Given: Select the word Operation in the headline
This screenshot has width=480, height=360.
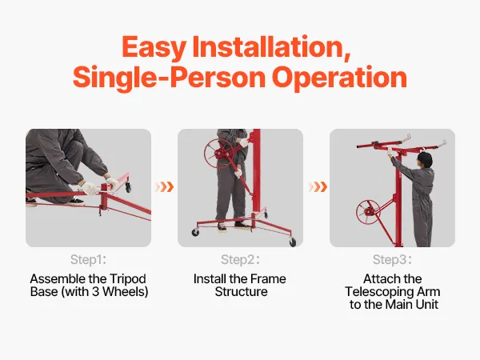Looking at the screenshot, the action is [339, 78].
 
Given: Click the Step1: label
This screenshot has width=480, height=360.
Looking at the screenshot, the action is [88, 259].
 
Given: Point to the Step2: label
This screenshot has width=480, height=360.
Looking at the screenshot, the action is [240, 259].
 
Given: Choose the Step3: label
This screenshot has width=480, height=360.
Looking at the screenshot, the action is [392, 259].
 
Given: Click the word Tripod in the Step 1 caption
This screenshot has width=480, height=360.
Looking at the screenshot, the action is [128, 279].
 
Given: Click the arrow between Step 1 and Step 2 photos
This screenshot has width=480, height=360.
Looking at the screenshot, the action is [165, 186].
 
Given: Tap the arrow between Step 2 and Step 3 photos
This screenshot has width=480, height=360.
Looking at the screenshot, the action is [318, 186].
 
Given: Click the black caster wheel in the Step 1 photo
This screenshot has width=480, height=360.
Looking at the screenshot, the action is [128, 186].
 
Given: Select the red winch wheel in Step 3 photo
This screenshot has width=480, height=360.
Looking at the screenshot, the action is [368, 212].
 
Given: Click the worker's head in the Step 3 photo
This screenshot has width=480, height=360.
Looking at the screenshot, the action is [426, 159].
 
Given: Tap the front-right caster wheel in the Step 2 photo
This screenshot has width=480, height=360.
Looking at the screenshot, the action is [292, 242].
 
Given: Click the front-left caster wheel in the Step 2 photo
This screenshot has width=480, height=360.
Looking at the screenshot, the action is [195, 232].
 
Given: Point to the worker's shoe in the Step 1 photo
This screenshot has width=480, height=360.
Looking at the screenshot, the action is [75, 202].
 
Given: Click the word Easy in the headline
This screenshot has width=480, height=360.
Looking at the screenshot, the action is [154, 47].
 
